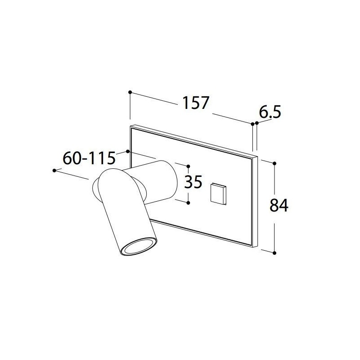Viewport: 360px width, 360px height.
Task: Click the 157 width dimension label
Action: tap(195, 103)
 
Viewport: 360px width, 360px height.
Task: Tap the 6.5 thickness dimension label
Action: tap(270, 112)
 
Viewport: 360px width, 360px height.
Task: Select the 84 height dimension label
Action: tap(279, 206)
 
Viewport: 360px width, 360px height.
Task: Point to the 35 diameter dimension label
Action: tap(193, 182)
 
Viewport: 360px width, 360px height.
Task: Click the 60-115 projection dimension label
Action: tap(89, 158)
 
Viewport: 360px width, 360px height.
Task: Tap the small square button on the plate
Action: tap(218, 193)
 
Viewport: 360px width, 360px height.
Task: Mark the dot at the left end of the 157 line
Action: tap(130, 92)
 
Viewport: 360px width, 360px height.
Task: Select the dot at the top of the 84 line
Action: tap(274, 163)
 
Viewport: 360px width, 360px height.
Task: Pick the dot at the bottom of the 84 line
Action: tap(274, 253)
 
